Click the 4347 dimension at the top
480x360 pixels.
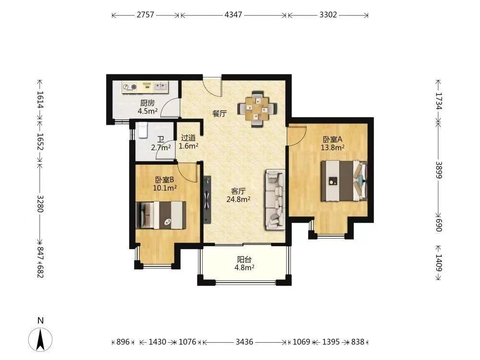pyautogui.click(x=233, y=15)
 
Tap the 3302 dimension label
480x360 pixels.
pyautogui.click(x=328, y=15)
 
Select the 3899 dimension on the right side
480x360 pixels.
pyautogui.click(x=439, y=170)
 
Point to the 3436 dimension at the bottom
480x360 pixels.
pyautogui.click(x=244, y=342)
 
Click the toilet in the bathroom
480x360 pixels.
pyautogui.click(x=143, y=130)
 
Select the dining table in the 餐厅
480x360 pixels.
pyautogui.click(x=257, y=108)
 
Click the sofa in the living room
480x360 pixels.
pyautogui.click(x=275, y=200)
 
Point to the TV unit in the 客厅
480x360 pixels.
pyautogui.click(x=207, y=199)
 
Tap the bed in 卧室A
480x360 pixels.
pyautogui.click(x=344, y=181)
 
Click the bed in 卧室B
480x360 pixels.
pyautogui.click(x=161, y=215)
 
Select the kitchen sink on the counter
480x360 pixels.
pyautogui.click(x=161, y=86)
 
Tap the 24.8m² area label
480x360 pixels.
pyautogui.click(x=238, y=200)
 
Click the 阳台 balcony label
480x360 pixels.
pyautogui.click(x=244, y=260)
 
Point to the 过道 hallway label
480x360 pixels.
pyautogui.click(x=188, y=138)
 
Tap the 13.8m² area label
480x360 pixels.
pyautogui.click(x=333, y=147)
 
